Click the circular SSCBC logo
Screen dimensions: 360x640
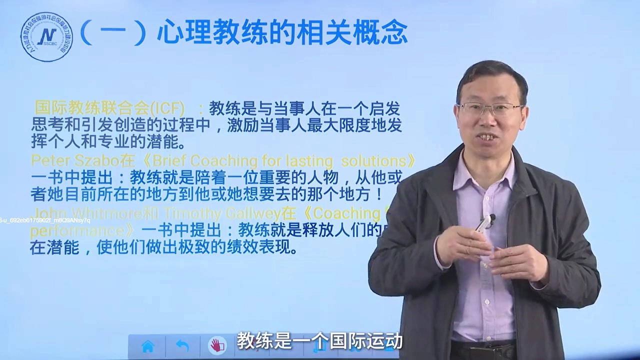tap(46, 37)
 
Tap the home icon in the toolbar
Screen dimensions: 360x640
tap(147, 346)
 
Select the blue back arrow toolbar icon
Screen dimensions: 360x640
tap(182, 346)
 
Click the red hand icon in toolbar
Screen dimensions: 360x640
tap(217, 346)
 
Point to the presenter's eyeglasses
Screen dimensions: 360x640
tap(490, 108)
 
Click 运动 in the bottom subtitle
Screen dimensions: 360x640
tap(386, 340)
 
